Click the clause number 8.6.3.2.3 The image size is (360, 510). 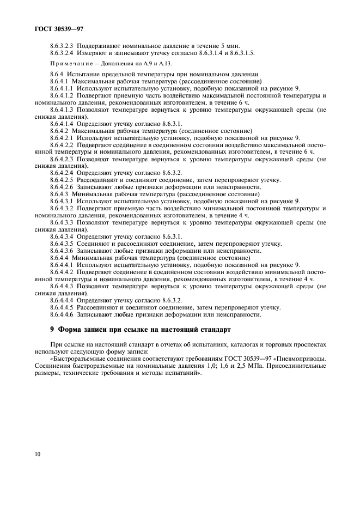(62, 45)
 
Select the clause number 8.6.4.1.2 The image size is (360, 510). (62, 95)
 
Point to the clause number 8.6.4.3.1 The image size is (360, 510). (62, 202)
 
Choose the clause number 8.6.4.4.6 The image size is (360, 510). (62, 314)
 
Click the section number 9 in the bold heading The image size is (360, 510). (52, 330)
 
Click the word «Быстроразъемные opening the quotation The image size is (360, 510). (79, 360)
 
